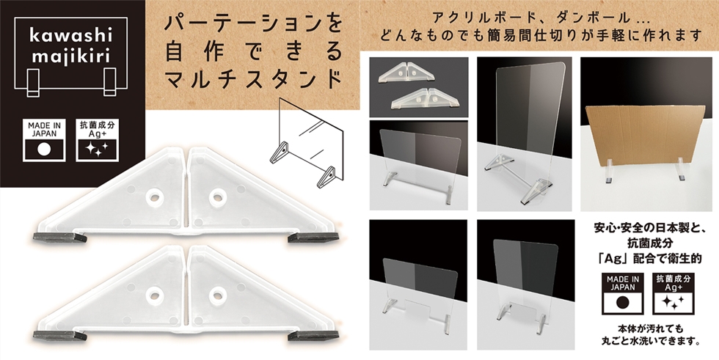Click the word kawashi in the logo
click(x=70, y=35)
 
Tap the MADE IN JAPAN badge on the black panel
click(x=44, y=140)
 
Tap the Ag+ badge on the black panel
click(x=97, y=140)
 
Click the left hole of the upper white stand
click(x=155, y=197)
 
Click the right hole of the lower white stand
click(x=218, y=295)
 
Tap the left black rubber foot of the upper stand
click(x=59, y=237)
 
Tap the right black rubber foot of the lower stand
click(x=313, y=336)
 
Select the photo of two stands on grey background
click(x=419, y=87)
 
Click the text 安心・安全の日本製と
click(x=649, y=227)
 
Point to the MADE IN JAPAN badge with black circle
click(x=622, y=293)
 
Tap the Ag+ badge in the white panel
click(x=674, y=293)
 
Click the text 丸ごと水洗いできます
click(x=650, y=341)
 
